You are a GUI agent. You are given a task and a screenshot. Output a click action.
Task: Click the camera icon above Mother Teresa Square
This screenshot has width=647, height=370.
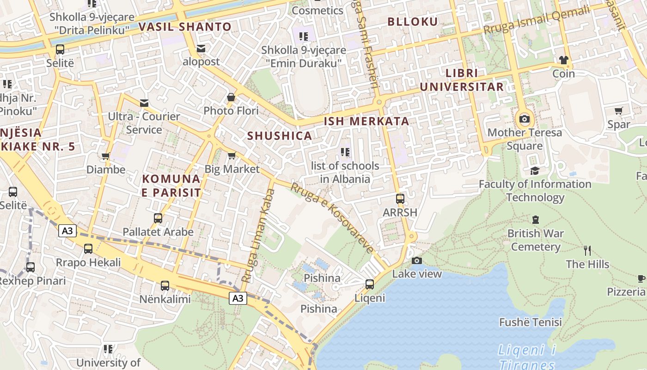tap(525, 119)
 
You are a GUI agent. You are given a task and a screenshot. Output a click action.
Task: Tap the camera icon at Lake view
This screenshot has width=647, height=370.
tap(417, 260)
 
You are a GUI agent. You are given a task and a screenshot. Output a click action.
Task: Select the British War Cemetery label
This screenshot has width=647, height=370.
tap(536, 240)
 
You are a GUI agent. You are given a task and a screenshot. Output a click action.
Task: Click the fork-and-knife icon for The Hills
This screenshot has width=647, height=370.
tap(587, 251)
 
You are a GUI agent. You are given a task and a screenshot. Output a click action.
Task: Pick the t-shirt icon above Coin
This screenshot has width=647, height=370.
tap(563, 60)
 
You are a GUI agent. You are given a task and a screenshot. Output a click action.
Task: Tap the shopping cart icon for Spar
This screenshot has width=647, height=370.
tap(619, 111)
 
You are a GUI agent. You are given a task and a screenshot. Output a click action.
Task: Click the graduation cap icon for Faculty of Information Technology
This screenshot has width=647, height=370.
tap(535, 171)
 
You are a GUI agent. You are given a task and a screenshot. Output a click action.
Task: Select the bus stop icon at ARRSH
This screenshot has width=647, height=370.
tap(400, 199)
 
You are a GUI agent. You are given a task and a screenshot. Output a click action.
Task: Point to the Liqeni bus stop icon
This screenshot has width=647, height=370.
tap(370, 284)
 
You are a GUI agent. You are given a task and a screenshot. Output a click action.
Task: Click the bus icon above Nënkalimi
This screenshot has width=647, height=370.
tap(165, 286)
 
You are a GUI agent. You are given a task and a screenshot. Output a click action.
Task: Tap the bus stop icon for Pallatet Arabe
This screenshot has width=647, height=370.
tap(158, 218)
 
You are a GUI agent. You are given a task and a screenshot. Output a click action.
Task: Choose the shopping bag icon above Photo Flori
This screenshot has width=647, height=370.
tap(231, 97)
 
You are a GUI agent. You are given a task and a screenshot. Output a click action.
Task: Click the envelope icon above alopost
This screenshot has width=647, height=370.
tap(201, 48)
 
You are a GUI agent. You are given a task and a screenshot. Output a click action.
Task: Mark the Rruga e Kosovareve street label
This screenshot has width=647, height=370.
tap(332, 217)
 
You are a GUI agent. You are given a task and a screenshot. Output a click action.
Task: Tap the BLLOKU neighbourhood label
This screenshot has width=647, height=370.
tap(412, 21)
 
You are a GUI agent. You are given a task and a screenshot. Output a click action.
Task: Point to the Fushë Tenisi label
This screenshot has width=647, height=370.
tap(531, 322)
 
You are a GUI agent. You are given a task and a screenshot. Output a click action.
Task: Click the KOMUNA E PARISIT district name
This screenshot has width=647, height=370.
tap(171, 185)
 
